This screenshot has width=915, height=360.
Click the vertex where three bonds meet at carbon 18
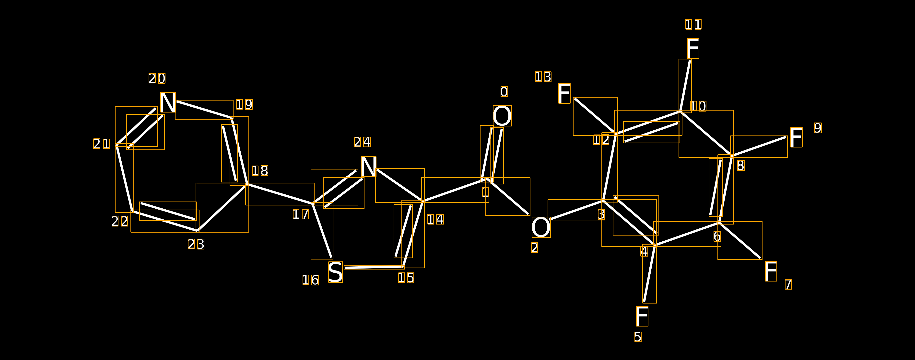pyautogui.click(x=247, y=184)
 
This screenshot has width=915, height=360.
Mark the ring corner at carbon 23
pyautogui.click(x=198, y=231)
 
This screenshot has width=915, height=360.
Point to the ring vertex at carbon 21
pyautogui.click(x=117, y=145)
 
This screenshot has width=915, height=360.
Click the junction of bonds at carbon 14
pyautogui.click(x=423, y=201)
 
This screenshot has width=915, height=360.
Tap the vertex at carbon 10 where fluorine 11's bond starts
pyautogui.click(x=680, y=112)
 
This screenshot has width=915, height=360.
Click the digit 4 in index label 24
pyautogui.click(x=367, y=142)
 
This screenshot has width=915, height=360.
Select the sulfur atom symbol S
pyautogui.click(x=335, y=272)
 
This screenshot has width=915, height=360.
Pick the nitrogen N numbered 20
pyautogui.click(x=168, y=102)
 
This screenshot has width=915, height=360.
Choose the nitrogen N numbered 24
pyautogui.click(x=368, y=167)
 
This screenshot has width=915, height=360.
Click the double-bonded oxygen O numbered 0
pyautogui.click(x=502, y=116)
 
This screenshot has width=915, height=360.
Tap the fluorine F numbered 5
pyautogui.click(x=642, y=316)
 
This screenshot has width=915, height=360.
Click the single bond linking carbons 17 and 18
pyautogui.click(x=280, y=194)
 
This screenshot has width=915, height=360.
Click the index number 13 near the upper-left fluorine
pyautogui.click(x=543, y=77)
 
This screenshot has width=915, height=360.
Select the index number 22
pyautogui.click(x=120, y=221)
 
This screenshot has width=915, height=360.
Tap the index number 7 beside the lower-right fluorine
pyautogui.click(x=788, y=284)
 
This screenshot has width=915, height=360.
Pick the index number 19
pyautogui.click(x=244, y=104)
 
